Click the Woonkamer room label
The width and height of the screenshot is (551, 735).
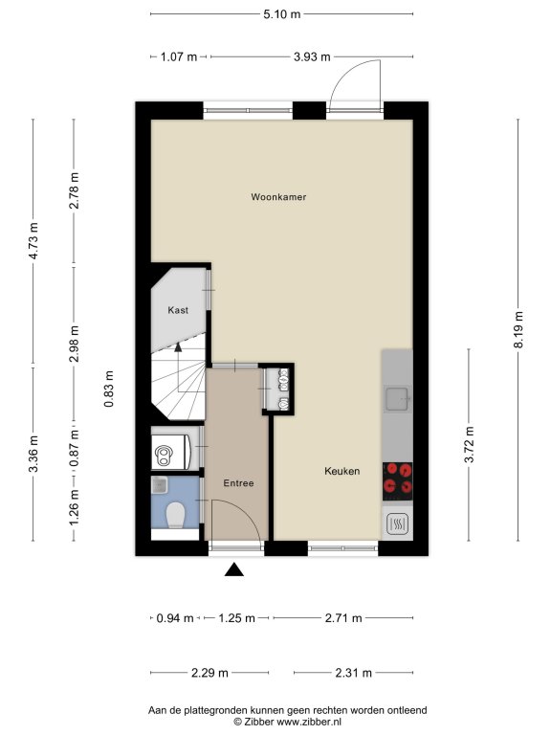(x=278, y=197)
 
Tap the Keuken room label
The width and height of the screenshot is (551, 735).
(x=342, y=471)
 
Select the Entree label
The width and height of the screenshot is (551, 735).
(x=238, y=482)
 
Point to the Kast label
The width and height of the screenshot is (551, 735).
(x=178, y=310)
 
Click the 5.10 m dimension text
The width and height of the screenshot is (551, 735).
(x=281, y=14)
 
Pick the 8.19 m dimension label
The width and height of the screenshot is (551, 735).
(x=518, y=329)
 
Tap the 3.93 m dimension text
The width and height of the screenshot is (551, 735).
(x=312, y=56)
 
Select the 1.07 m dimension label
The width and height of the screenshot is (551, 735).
(x=179, y=56)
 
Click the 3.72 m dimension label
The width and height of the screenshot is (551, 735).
(x=469, y=444)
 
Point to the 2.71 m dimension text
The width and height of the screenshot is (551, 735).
(x=343, y=618)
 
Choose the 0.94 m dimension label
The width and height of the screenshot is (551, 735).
(x=175, y=618)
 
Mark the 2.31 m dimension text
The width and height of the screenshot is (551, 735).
(x=353, y=673)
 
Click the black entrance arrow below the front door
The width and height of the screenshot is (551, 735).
(x=234, y=569)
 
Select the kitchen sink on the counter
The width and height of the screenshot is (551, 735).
(x=398, y=399)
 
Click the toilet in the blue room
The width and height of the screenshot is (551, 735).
(x=175, y=515)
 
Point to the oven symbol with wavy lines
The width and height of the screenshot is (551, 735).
(x=398, y=524)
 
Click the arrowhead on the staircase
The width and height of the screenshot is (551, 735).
(x=178, y=346)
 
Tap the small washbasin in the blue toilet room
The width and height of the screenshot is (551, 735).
(x=159, y=485)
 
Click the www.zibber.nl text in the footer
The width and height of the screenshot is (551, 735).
(x=309, y=722)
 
